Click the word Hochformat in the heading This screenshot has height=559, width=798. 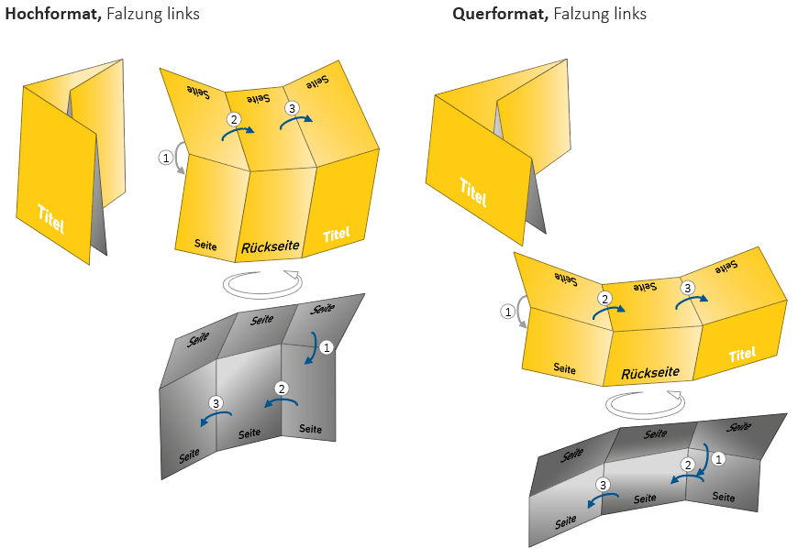[52, 14]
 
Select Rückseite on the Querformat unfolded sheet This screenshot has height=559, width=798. [650, 373]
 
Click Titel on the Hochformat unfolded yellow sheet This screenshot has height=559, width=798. [337, 235]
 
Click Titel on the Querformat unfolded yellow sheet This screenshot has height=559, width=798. [742, 354]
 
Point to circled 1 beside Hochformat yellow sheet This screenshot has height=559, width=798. [166, 158]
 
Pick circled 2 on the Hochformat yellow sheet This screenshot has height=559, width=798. [233, 120]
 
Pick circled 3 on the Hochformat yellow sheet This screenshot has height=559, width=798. [292, 108]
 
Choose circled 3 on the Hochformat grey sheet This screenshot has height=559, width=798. [216, 403]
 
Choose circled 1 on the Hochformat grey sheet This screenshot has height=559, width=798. [327, 346]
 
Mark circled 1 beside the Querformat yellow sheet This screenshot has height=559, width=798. [507, 312]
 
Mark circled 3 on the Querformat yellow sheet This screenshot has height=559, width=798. [687, 288]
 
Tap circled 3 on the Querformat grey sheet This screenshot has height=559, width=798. [603, 484]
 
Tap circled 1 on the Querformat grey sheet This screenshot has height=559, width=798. [719, 457]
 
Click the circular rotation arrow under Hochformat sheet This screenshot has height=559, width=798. [262, 283]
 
